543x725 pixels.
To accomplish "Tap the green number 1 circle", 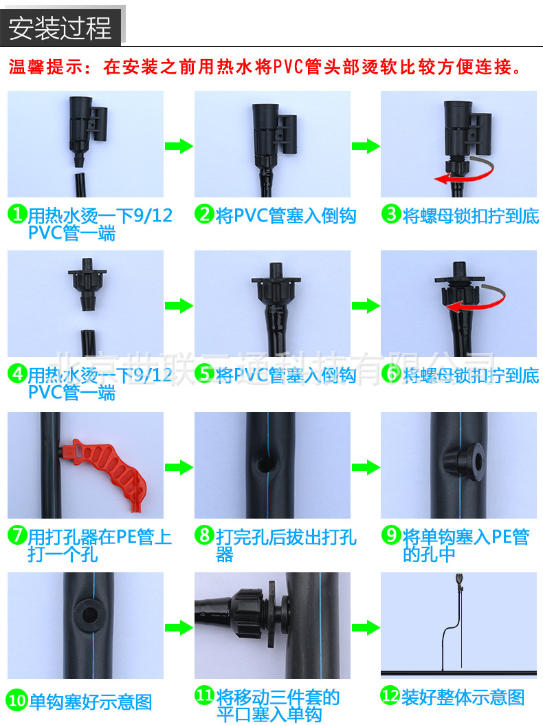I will [16, 215].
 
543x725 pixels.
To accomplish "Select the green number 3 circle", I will [391, 215].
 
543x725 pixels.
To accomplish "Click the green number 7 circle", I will [16, 536].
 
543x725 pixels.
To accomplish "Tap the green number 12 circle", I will [390, 697].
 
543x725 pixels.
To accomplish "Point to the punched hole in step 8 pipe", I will [263, 464].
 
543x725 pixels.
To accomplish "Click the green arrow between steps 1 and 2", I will [178, 146].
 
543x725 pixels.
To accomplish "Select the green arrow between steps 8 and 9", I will [365, 468].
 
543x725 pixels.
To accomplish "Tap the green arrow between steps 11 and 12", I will [365, 627].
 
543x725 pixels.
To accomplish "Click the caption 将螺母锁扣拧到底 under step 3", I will [471, 215].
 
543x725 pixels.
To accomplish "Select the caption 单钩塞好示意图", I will [90, 702].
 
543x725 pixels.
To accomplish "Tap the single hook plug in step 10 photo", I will [89, 614].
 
